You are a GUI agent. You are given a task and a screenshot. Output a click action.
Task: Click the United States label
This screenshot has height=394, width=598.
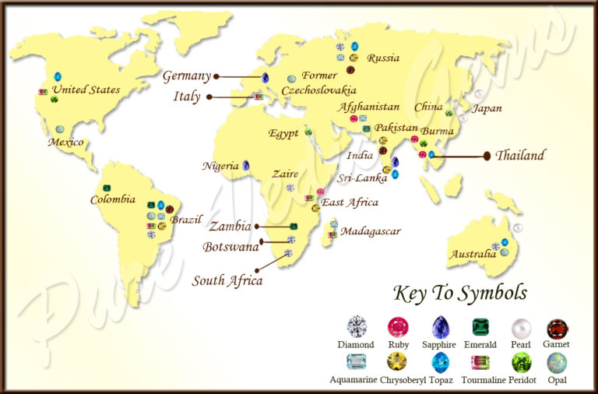click(x=86, y=90)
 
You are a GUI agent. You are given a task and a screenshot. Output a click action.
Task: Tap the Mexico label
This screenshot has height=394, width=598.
click(x=65, y=142)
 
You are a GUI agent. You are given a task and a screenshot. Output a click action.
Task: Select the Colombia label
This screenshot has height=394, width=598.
click(x=112, y=199)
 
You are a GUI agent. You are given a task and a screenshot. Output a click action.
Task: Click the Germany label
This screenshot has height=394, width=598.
click(x=187, y=76)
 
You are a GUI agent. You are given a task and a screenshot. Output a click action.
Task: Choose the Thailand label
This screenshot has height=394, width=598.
click(x=520, y=155)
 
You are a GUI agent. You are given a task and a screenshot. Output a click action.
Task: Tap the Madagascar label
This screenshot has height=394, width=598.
click(x=371, y=231)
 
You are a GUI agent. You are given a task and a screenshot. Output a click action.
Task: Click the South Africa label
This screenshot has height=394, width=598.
click(x=227, y=280)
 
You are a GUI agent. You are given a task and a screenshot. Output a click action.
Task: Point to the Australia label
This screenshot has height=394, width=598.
click(x=473, y=254)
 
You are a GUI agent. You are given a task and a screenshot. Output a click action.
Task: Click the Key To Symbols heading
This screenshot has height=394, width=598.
click(x=461, y=294)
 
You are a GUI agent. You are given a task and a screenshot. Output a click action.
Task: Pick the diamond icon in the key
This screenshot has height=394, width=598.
click(x=356, y=326)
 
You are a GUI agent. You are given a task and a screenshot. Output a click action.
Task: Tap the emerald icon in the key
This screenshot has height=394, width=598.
click(x=480, y=326)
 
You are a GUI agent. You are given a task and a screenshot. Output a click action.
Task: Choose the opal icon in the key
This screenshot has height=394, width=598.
click(x=557, y=362)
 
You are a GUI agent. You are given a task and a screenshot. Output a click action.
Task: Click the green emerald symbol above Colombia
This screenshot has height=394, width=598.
click(x=107, y=188)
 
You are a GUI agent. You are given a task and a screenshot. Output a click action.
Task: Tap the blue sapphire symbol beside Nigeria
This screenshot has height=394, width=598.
click(x=246, y=165)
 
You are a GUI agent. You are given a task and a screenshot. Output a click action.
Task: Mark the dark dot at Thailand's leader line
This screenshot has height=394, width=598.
click(x=487, y=156)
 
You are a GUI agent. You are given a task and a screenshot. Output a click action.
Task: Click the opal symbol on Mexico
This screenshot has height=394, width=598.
click(x=60, y=129)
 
